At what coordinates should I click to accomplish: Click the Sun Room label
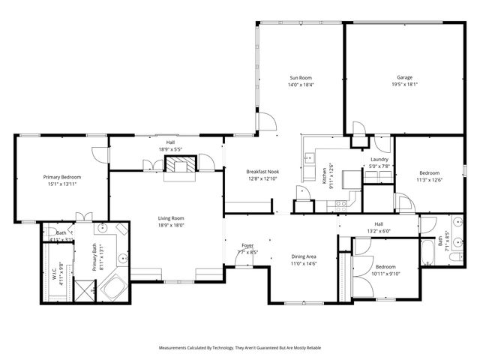click(301, 77)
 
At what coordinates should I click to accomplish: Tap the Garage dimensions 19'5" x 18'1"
click(404, 85)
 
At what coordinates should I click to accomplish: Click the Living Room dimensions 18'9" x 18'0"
click(171, 225)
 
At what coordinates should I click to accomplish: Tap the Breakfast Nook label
click(262, 172)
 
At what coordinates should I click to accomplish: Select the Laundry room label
click(379, 160)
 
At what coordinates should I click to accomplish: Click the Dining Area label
click(304, 256)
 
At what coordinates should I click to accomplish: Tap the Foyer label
click(247, 245)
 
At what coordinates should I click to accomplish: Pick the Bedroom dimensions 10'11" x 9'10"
click(386, 274)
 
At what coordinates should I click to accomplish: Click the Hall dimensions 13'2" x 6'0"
click(379, 231)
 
